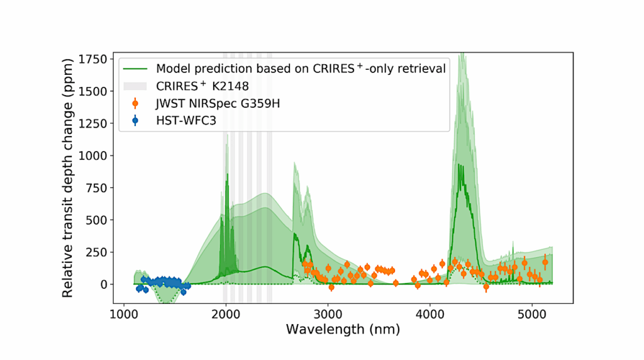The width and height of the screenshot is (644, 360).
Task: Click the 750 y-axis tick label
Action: click(99, 188)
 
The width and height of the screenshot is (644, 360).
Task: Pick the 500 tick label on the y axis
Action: click(99, 220)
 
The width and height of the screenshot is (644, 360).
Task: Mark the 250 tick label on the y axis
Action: click(99, 252)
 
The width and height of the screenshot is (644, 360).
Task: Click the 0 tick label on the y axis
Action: click(106, 284)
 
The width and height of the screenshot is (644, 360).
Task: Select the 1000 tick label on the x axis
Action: click(123, 313)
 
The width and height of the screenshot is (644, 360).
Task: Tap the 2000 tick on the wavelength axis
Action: click(225, 313)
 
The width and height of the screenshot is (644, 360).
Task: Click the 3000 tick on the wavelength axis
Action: click(328, 313)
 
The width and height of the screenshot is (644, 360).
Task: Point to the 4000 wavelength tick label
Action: click(430, 313)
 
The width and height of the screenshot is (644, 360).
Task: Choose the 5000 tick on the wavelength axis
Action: click(532, 313)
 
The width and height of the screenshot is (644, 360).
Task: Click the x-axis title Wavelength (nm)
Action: click(343, 329)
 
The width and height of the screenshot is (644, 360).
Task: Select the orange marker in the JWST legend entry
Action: click(135, 103)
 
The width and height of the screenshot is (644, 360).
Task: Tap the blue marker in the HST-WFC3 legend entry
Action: click(135, 120)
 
